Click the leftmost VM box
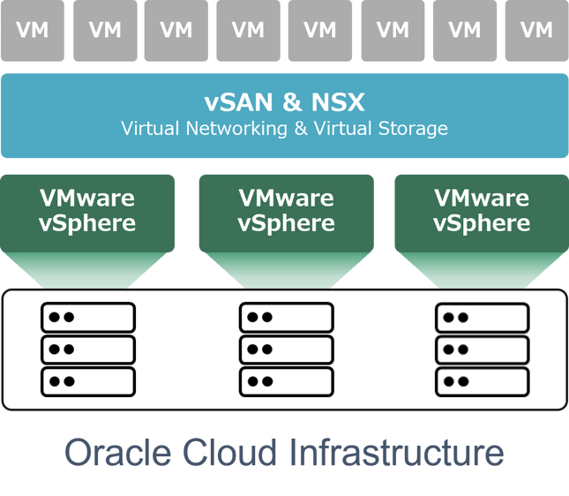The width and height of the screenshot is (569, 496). pos(33,31)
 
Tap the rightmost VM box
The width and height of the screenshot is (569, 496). pos(536,31)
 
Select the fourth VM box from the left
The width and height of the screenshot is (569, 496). pos(249,31)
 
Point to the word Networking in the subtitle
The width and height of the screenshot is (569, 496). pos(236,129)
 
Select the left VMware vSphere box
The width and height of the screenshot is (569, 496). pos(87,211)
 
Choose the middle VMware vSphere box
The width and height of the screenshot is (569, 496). pos(286,211)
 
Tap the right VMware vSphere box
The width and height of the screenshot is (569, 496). pos(482,211)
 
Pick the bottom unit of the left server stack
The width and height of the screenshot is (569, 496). pos(88,381)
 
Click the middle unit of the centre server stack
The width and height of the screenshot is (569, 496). pos(286,349)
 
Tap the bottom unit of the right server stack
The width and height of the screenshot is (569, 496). pos(483,381)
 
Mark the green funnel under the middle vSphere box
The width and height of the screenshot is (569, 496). pos(286,269)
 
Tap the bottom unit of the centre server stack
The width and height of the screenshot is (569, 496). pos(286,381)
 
